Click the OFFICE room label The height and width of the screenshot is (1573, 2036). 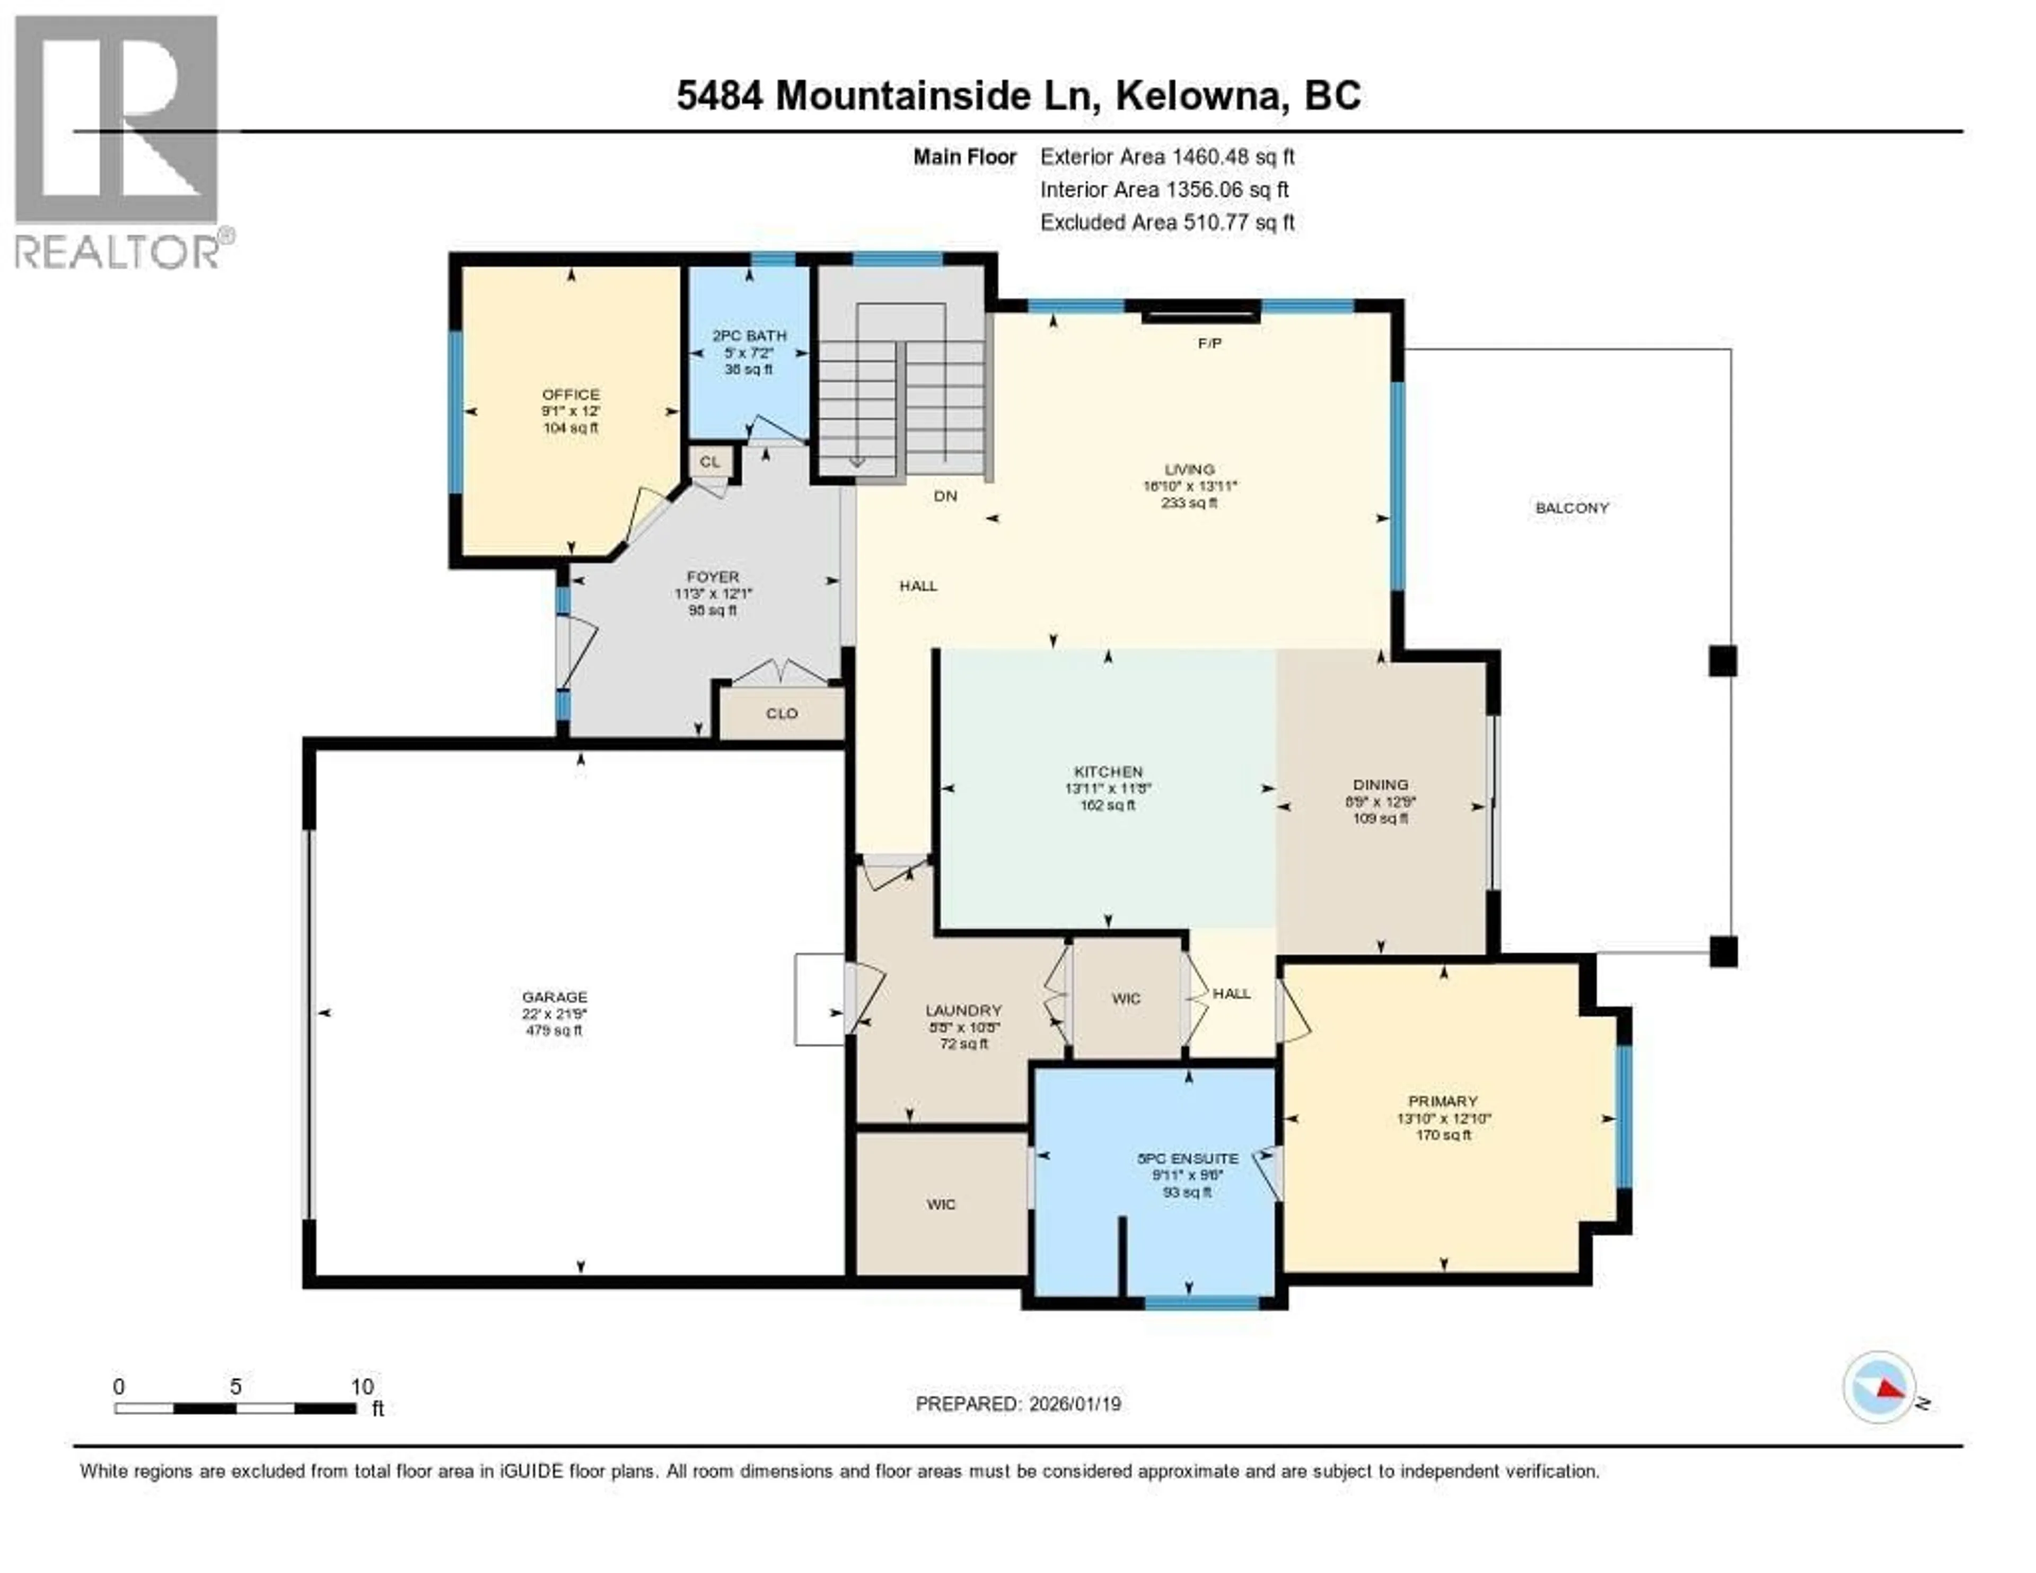click(571, 395)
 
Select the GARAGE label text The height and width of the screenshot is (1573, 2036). click(555, 997)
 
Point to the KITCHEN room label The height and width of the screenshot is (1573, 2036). click(1108, 771)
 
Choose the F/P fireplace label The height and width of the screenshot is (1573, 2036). click(1209, 343)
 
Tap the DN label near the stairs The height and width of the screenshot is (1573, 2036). click(945, 496)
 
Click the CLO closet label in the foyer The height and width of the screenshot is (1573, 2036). click(781, 713)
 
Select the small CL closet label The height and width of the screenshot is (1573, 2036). click(710, 461)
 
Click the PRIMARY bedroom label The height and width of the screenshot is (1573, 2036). click(1443, 1101)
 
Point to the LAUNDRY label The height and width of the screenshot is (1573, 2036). click(963, 1010)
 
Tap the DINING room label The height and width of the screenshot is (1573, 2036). click(1381, 784)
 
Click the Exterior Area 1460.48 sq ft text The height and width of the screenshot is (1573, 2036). click(1167, 156)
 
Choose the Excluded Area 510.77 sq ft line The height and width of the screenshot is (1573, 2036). click(1167, 222)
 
